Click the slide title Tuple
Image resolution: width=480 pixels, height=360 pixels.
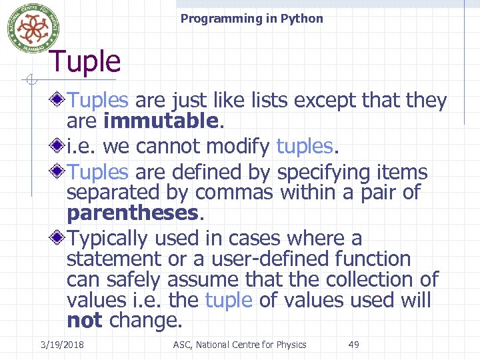pos(85,62)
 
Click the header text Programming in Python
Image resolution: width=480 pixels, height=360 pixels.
pos(251,19)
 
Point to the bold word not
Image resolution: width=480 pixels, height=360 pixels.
pos(84,321)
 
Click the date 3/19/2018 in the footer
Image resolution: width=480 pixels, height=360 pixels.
pos(67,345)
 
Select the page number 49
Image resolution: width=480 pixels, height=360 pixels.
pos(353,345)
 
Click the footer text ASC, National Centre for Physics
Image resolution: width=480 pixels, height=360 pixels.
pos(239,345)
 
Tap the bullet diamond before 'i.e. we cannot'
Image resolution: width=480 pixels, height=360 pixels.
pos(59,145)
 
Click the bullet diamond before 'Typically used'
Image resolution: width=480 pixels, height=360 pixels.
pos(59,237)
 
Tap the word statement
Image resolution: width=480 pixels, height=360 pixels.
pos(114,259)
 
